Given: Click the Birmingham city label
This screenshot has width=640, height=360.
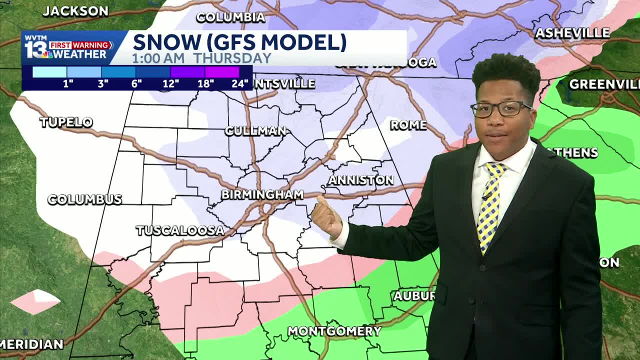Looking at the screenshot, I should coord(262,194).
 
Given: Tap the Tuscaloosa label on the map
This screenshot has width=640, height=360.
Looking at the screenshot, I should coord(180,230).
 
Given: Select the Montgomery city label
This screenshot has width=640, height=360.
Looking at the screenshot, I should coord(334,331).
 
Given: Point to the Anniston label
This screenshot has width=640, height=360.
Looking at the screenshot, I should coord(361,180).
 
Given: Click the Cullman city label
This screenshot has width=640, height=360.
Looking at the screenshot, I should coord(255,131).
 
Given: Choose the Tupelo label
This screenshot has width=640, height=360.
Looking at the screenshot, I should coord(66,122).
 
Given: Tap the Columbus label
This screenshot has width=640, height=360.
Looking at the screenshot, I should coord(84,199).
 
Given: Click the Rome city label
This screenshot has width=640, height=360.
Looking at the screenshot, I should coord(408,125).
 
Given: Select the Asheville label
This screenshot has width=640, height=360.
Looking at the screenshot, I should coord(572,33).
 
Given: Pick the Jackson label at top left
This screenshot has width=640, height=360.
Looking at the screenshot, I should coord(75,11).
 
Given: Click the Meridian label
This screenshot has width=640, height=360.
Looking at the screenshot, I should coord(32,344).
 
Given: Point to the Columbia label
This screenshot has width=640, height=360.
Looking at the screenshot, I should coord(230,17).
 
